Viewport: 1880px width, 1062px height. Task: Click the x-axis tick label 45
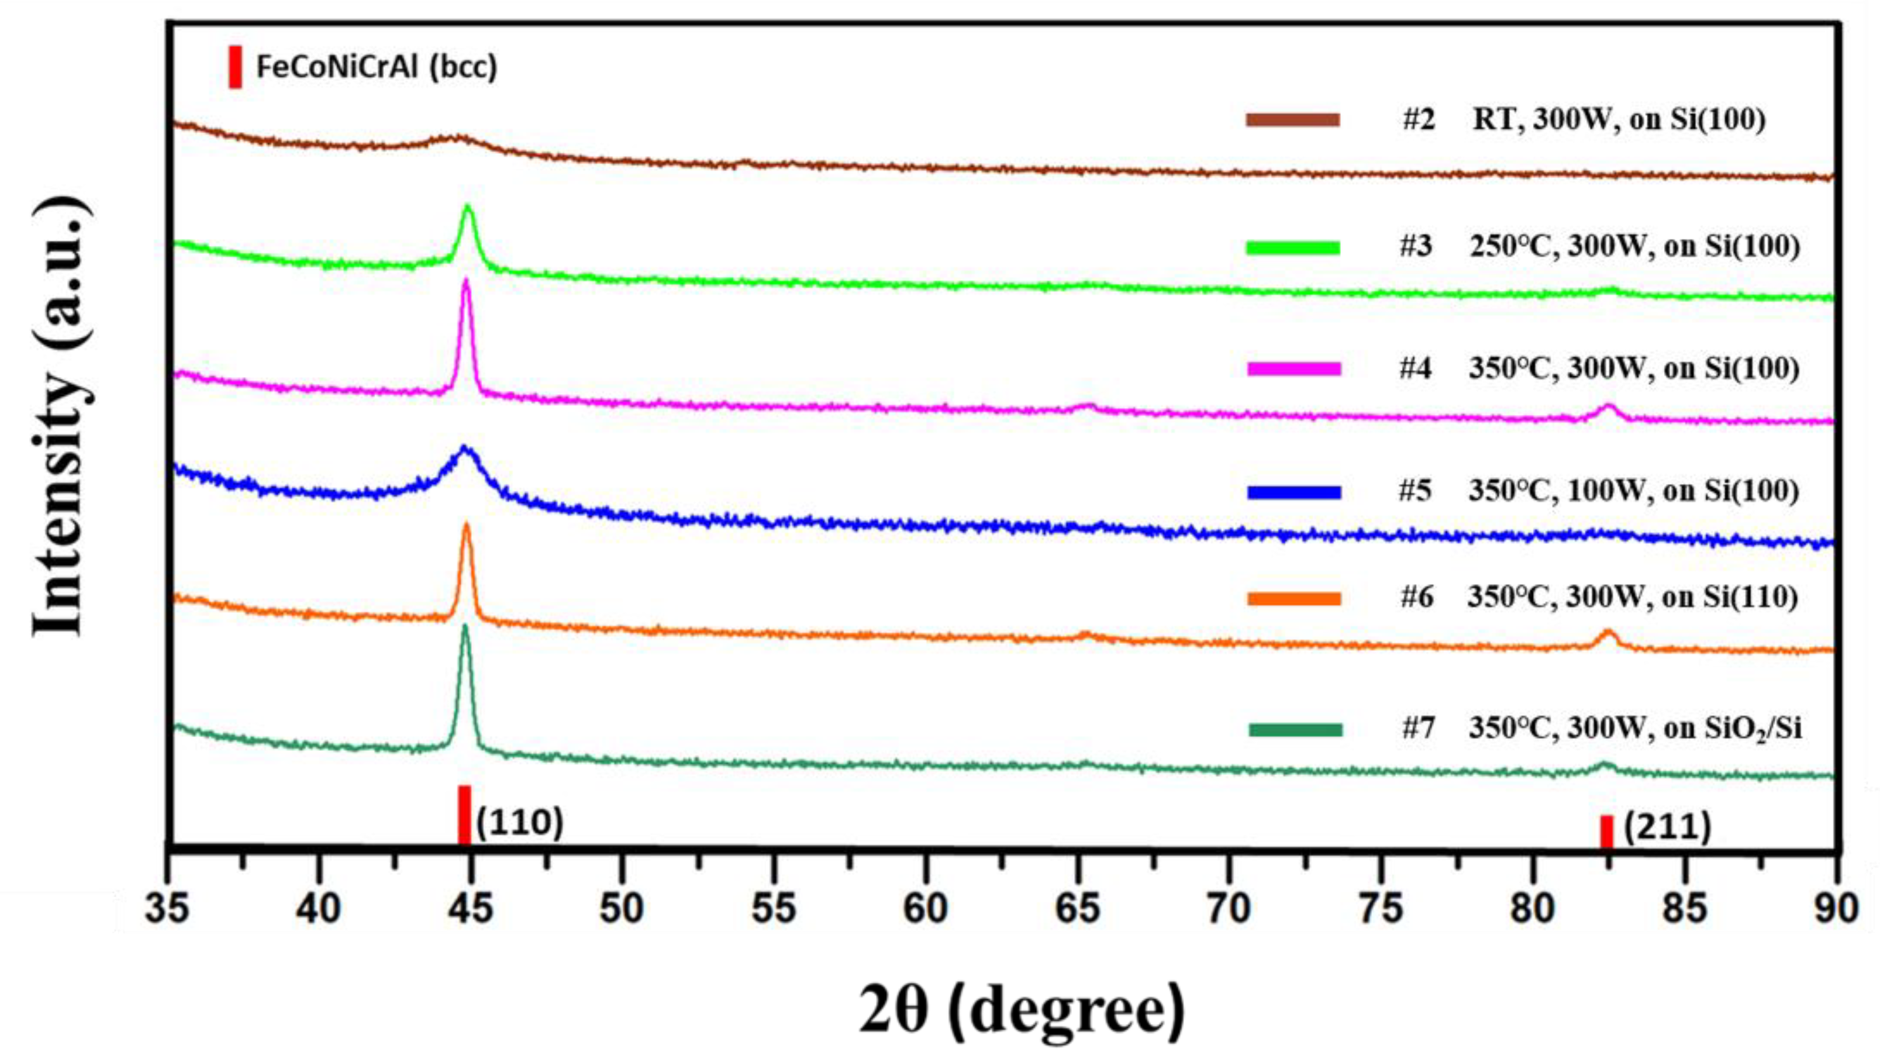471,909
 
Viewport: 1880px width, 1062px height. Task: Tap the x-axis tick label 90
1836,909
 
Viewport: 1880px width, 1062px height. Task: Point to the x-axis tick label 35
168,909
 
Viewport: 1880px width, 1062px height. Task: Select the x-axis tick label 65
1078,909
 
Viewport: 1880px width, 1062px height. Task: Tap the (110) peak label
519,822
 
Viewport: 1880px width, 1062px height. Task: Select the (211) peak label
1668,827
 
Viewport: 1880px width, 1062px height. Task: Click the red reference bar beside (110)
464,816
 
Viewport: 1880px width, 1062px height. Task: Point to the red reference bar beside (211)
1606,831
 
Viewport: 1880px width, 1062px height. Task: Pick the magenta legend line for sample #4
1293,369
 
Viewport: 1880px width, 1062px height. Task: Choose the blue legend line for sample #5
1293,493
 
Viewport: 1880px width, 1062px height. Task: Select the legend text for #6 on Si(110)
1598,598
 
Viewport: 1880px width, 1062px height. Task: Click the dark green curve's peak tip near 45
465,626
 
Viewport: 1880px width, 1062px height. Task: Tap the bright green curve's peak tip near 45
468,207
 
